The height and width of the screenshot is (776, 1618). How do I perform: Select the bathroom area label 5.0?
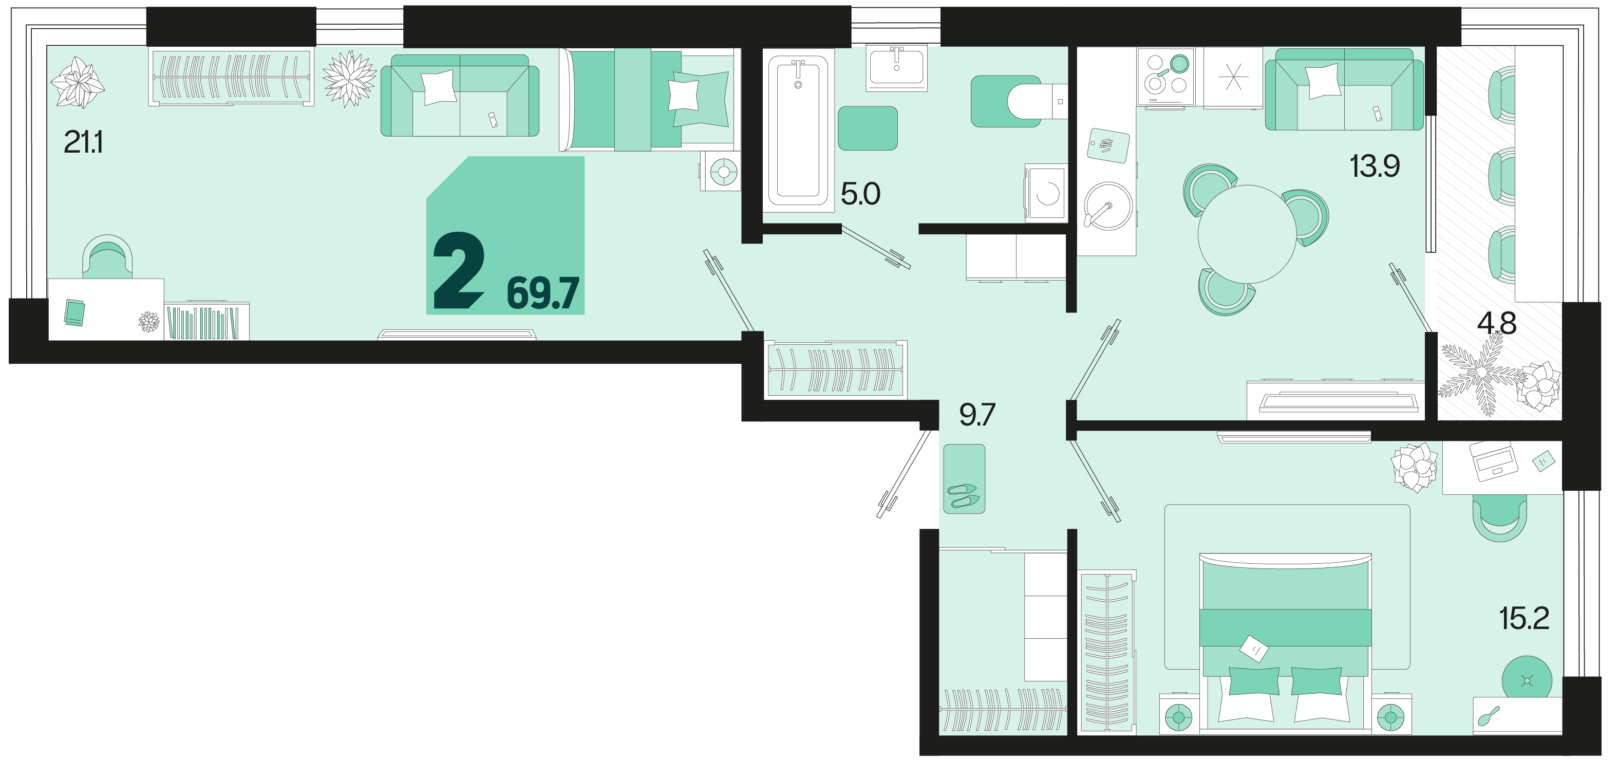(860, 194)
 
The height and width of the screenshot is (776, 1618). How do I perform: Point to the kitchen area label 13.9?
(1375, 167)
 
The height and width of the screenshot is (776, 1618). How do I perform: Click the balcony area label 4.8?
(1497, 324)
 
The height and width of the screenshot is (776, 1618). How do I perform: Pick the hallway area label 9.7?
(977, 415)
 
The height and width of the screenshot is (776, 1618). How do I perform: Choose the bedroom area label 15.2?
(1525, 618)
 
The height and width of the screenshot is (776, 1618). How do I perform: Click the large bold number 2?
(459, 271)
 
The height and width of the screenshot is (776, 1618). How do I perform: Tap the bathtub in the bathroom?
(798, 130)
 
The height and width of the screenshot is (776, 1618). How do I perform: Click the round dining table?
(1247, 234)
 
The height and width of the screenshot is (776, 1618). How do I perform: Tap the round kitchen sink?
(1108, 206)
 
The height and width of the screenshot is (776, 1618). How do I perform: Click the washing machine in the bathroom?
(1046, 193)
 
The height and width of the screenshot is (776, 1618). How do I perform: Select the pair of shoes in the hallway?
(964, 495)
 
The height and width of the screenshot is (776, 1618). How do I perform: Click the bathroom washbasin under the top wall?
(896, 67)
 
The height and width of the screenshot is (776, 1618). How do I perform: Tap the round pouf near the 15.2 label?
(1527, 680)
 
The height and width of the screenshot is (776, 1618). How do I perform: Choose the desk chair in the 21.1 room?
(107, 257)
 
